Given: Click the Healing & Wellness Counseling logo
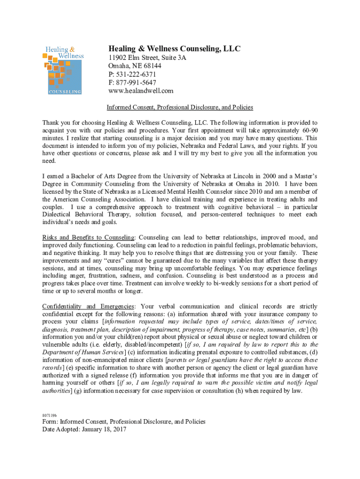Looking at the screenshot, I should [x=64, y=70].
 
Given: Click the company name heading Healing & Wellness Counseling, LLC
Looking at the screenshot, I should [x=174, y=49].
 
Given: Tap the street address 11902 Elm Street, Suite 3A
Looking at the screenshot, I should [x=147, y=58].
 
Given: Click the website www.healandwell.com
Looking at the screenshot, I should [x=141, y=91].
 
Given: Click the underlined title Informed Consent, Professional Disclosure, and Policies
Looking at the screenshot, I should [x=180, y=108].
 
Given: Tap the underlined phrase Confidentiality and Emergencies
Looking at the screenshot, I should [x=89, y=306].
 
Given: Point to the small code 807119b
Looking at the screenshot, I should [x=50, y=414].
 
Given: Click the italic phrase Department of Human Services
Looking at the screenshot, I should [x=83, y=352].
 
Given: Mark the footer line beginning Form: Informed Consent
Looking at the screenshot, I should [x=124, y=421].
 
